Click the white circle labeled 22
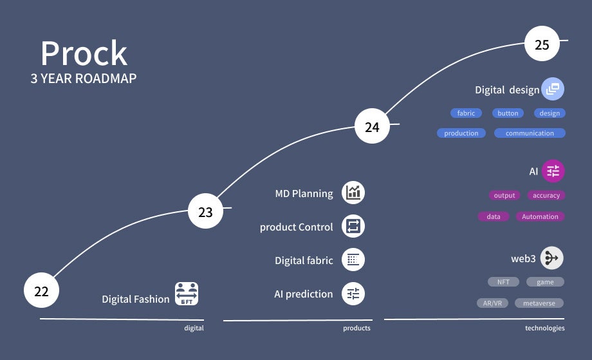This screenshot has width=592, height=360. tap(41, 291)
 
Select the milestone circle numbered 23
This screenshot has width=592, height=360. tap(205, 212)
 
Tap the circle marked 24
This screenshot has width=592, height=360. tap(372, 127)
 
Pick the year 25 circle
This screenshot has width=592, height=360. tap(542, 44)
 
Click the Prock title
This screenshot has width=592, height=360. tap(84, 54)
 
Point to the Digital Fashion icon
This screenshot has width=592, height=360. tap(187, 293)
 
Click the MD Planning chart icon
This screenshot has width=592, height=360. tap(353, 192)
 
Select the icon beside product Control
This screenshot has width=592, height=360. tap(353, 226)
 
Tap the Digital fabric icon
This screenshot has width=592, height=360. tap(353, 260)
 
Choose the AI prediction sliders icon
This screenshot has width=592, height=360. tap(353, 294)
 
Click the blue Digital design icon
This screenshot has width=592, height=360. tap(553, 90)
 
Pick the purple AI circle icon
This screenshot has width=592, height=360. tap(553, 171)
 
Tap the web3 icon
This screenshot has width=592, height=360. tap(552, 258)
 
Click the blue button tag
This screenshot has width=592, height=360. tap(508, 113)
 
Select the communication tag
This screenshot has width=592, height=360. tap(530, 133)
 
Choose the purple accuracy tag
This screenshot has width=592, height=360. tap(546, 195)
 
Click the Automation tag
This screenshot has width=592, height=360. tap(540, 216)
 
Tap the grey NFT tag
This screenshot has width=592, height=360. tap(503, 282)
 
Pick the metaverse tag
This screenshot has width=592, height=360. tap(539, 303)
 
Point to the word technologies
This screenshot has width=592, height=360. tap(544, 328)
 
